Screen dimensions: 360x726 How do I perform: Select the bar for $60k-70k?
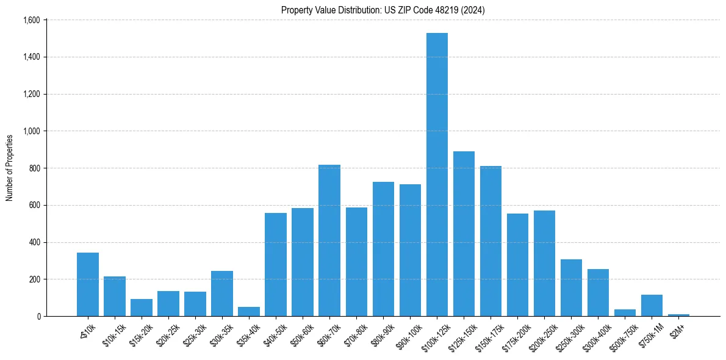[x=329, y=241]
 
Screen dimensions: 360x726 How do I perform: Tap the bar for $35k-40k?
[x=249, y=312]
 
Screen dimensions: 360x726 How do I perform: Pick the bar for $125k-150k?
[x=464, y=235]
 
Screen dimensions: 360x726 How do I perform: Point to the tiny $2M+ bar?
[x=678, y=315]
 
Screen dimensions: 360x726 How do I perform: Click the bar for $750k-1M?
[x=652, y=306]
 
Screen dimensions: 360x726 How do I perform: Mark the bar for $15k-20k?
[x=142, y=308]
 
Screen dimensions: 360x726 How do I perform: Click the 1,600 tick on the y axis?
[x=31, y=20]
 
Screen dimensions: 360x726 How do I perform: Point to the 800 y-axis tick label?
[x=34, y=168]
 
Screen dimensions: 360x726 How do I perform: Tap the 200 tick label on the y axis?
[x=34, y=279]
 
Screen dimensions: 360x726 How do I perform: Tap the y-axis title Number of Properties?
[x=10, y=168]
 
